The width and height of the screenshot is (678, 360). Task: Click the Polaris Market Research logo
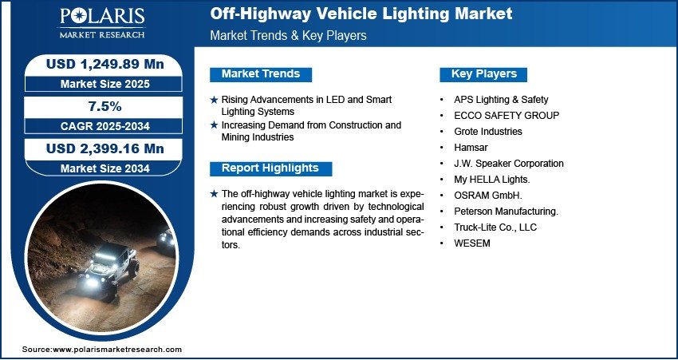[x=101, y=22]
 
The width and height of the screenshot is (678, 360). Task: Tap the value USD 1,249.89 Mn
[x=105, y=64]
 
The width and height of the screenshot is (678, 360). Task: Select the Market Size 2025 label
[x=105, y=84]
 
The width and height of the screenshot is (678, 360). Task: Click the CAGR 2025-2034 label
[x=104, y=126]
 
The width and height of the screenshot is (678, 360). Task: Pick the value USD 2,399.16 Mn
[x=105, y=148]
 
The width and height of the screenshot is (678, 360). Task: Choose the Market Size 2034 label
[x=105, y=168]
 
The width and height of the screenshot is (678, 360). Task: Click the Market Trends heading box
[x=261, y=74]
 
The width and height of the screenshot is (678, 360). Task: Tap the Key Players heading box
[x=483, y=74]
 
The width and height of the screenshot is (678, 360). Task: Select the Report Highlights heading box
[x=270, y=168]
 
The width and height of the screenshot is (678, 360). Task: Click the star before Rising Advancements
[x=214, y=100]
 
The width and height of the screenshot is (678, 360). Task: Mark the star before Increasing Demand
[x=214, y=125]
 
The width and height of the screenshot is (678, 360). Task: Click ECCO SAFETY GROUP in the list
[x=507, y=116]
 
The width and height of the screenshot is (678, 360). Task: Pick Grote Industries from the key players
[x=487, y=132]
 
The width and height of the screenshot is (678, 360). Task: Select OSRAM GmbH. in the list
[x=488, y=195]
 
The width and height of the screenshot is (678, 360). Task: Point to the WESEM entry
[x=471, y=243]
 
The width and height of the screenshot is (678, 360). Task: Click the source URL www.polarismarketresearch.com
[x=117, y=350]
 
